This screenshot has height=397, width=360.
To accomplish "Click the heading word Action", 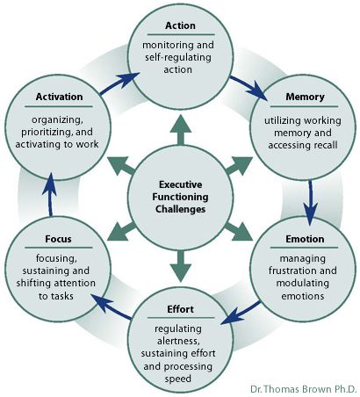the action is (180, 25).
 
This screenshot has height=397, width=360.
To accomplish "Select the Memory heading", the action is (305, 97).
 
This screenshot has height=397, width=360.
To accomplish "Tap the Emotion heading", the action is (305, 239).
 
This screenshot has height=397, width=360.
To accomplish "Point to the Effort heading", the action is (180, 309).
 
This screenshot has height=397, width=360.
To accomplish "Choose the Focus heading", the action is (58, 239).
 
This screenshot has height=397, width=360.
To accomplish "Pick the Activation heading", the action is (59, 97).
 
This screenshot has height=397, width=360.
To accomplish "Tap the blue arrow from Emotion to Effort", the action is (241, 314).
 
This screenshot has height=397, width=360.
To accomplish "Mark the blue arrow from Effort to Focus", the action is (112, 307).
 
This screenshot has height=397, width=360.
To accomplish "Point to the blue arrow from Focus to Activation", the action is (50, 194).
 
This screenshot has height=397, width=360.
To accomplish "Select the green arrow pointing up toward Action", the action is (181, 129).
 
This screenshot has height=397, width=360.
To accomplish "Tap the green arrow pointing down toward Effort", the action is (181, 266).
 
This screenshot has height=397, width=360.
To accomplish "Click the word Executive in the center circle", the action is (180, 184).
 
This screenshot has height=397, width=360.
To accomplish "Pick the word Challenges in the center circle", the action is (180, 209).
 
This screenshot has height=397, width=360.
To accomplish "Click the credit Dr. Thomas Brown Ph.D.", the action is (303, 389).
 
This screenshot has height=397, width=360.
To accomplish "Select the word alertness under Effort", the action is (178, 341).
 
